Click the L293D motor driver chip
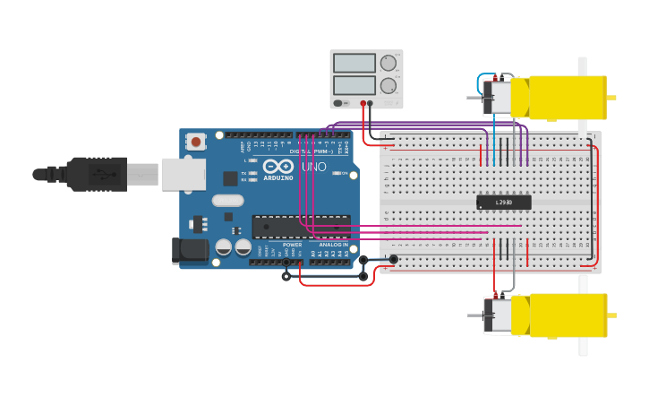coord(503,203)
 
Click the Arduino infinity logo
coord(278,166)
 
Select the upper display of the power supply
coord(354,64)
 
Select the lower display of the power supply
coord(354,86)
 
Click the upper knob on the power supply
coord(388,63)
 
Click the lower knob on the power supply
coord(388,86)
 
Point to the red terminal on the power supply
coord(363,103)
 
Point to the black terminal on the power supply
coord(371,103)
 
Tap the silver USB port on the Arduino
coord(183,174)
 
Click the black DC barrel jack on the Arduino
coord(190,250)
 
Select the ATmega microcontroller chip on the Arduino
coord(300,227)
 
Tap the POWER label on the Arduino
coord(292,245)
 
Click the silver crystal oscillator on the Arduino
coord(227,201)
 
